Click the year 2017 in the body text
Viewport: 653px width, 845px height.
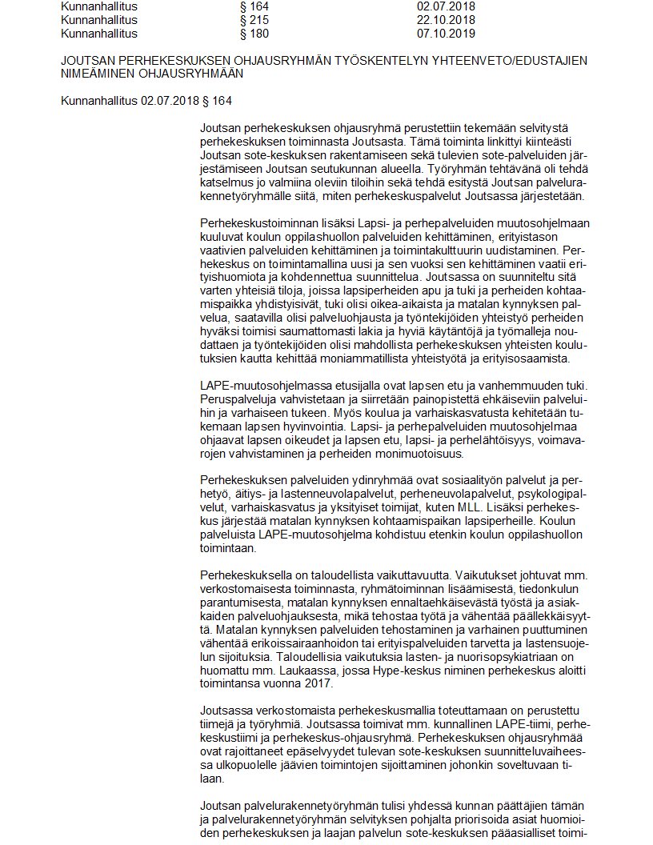click(x=309, y=684)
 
